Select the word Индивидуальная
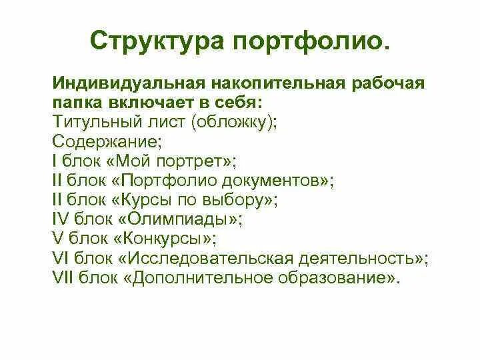[127, 85]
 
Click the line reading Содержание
[96, 142]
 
